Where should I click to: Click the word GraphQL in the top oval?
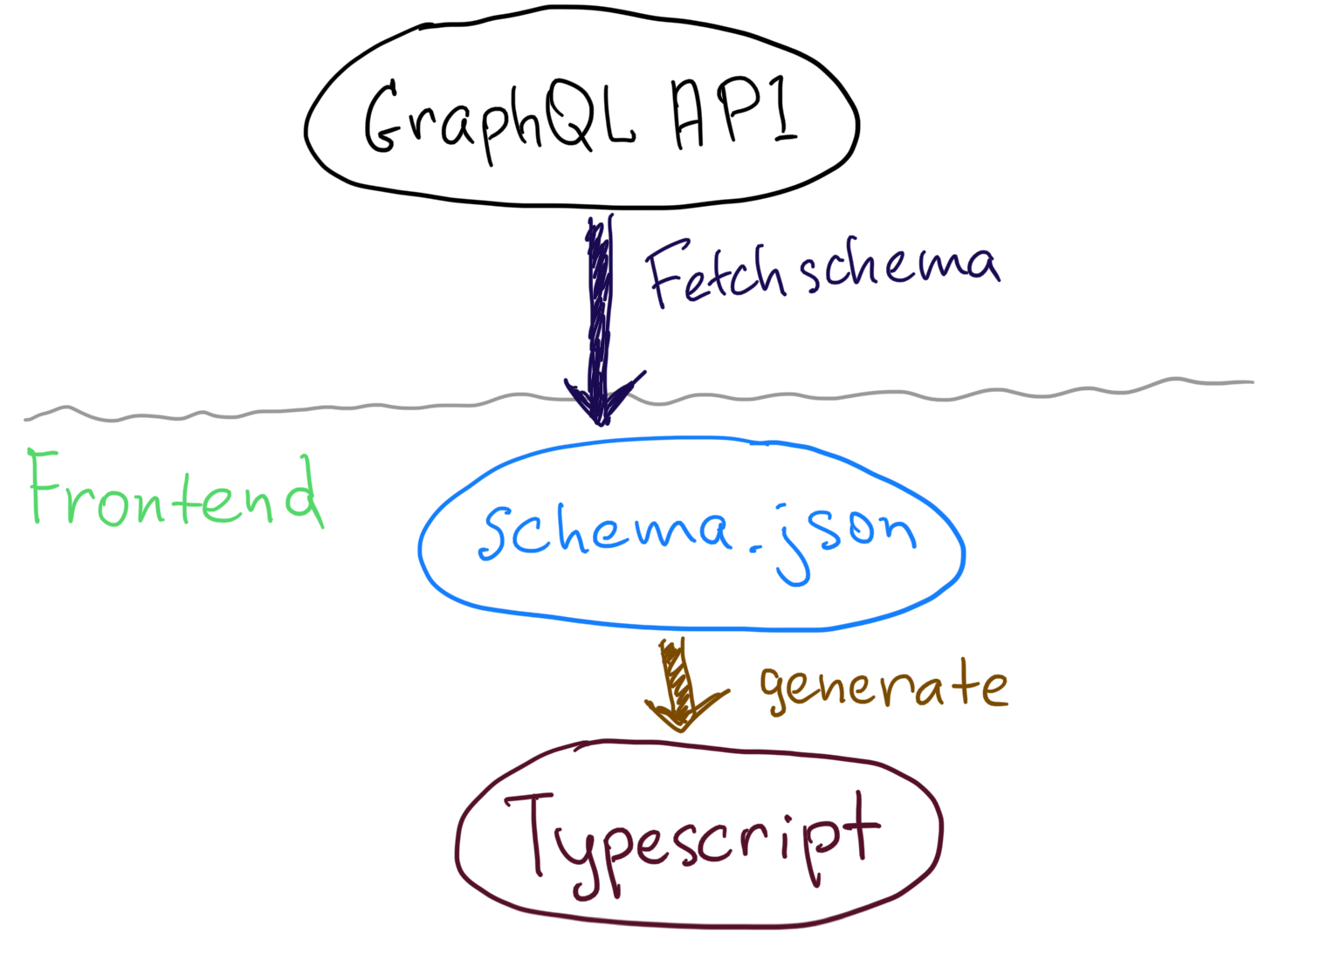(498, 118)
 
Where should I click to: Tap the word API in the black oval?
(734, 113)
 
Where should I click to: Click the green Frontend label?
(175, 493)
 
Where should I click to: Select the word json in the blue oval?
(842, 537)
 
